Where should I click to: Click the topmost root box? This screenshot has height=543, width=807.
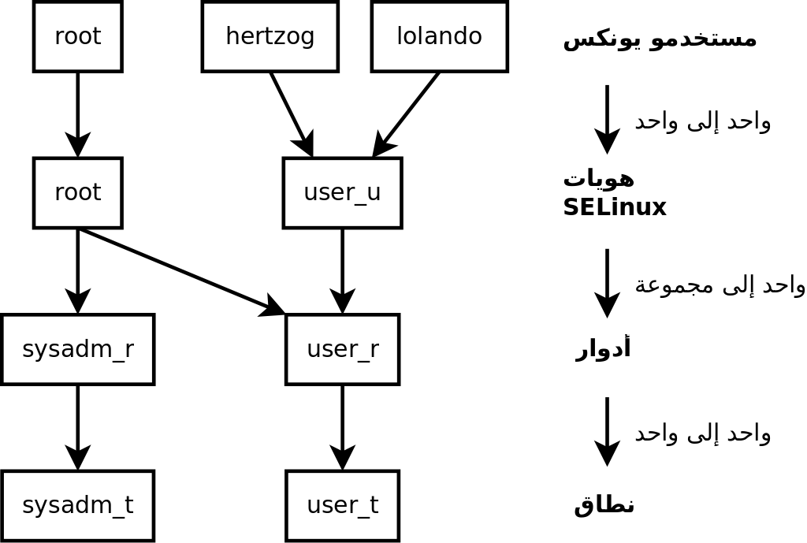tap(77, 36)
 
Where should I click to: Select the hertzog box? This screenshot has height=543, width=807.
tap(270, 36)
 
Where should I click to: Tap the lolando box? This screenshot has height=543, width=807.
tap(439, 36)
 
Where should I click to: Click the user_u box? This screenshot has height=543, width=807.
tap(342, 192)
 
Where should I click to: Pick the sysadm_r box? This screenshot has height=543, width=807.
tap(77, 349)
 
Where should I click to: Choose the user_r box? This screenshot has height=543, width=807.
tap(342, 349)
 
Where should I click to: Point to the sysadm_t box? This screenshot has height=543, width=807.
tap(77, 505)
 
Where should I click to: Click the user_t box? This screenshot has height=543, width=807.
tap(342, 505)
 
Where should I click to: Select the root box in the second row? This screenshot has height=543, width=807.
tap(77, 192)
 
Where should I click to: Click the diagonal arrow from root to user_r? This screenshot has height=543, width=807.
tap(181, 271)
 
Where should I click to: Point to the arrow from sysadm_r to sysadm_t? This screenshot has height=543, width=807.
tap(77, 426)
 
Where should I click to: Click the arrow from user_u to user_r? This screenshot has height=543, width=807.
tap(342, 270)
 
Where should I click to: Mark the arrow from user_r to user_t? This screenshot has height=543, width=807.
tap(342, 426)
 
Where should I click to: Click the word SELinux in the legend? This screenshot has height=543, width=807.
tap(615, 207)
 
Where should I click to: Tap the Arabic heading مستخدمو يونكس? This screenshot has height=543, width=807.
tap(660, 38)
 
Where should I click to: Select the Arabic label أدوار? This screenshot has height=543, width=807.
tap(603, 348)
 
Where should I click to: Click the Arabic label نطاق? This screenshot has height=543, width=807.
tap(604, 504)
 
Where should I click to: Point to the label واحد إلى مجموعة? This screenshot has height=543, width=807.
tap(720, 285)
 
